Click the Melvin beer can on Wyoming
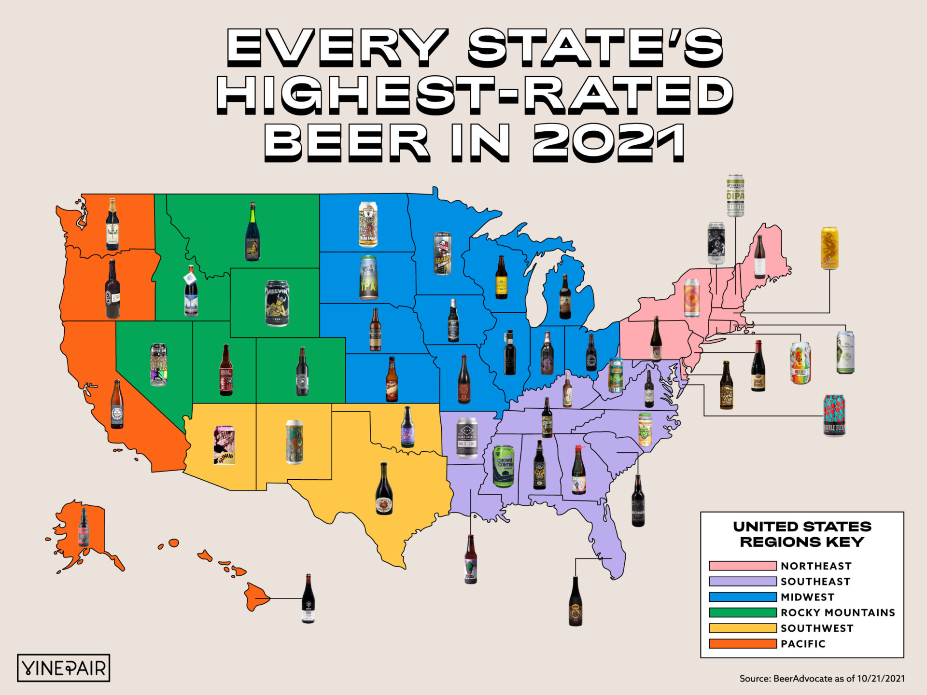277,303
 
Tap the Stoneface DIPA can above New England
735,195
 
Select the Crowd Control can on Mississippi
504,466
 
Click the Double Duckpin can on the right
834,415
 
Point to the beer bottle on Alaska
84,527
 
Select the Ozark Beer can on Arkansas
467,438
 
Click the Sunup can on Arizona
224,445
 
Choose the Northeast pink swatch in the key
743,566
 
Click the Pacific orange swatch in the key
743,643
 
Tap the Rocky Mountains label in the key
838,612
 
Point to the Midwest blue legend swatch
743,597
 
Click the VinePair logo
64,668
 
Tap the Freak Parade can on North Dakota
368,225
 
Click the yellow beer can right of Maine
829,248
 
